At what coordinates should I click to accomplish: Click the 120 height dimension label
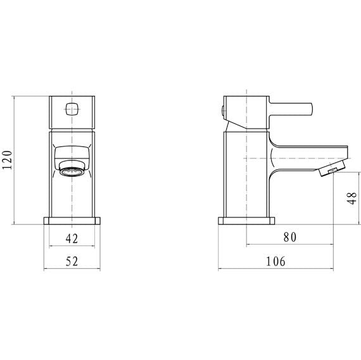pos(7,160)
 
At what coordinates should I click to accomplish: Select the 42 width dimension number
pos(72,238)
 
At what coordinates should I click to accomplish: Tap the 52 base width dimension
pos(72,261)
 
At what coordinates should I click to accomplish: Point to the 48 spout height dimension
pos(351,198)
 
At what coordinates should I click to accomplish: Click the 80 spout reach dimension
pos(290,237)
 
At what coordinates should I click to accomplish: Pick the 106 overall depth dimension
pos(275,261)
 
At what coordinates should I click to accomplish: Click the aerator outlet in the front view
pos(72,172)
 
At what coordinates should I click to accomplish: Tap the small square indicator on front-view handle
pos(72,109)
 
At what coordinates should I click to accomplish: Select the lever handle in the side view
pos(291,109)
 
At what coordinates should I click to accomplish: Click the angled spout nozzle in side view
pos(331,169)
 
